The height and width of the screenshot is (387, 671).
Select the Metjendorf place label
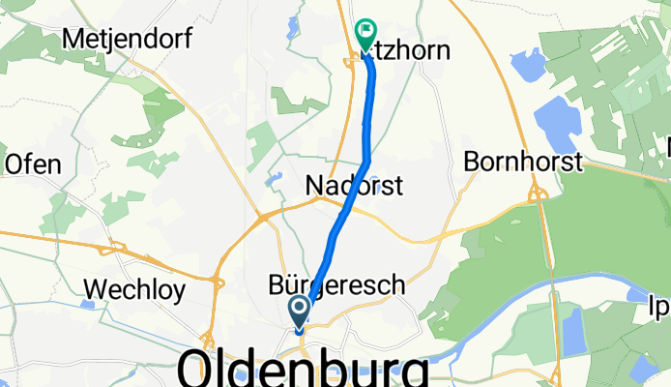pos(126,39)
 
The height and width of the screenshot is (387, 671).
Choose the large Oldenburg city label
pos(303,369)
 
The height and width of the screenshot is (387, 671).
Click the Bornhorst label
pos(523,162)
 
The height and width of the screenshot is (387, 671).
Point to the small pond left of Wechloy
pos(88,304)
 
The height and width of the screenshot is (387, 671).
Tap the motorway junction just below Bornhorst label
pos(535,196)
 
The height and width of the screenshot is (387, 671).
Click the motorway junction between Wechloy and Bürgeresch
pos(216,282)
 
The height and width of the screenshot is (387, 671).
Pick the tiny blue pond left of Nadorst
pos(275,179)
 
